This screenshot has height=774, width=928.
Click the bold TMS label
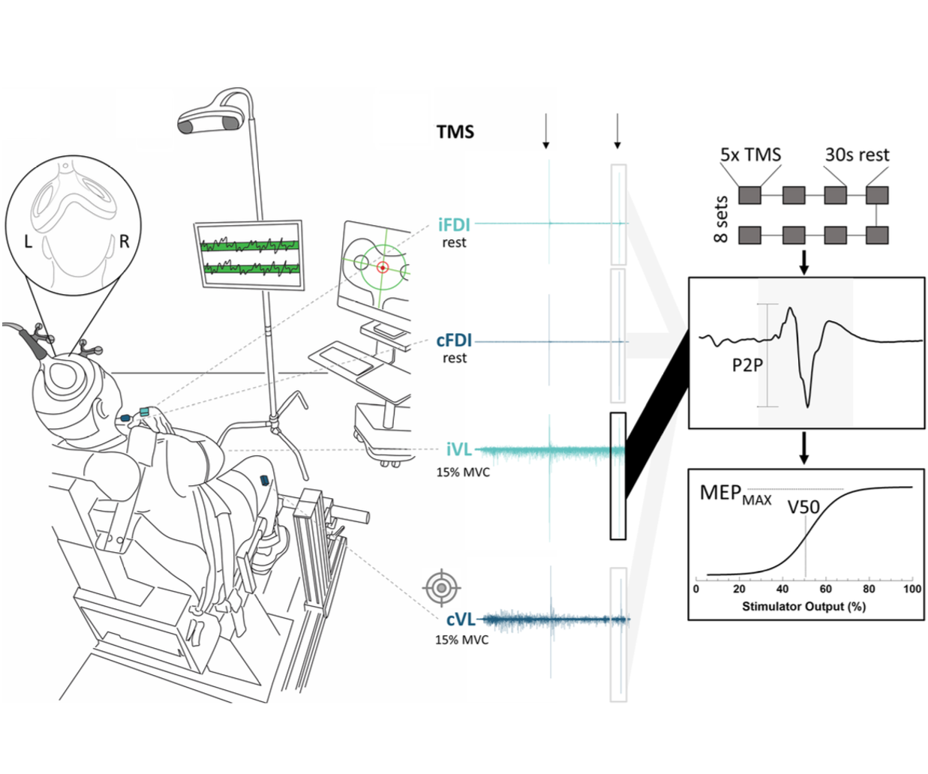(x=455, y=132)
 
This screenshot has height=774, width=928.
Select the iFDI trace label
(x=454, y=224)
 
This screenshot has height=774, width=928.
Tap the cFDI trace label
(x=454, y=340)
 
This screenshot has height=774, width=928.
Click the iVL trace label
(x=459, y=449)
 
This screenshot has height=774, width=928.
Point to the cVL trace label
(x=461, y=619)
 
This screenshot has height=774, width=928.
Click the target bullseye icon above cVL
(x=442, y=587)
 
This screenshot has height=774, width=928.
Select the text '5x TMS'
(x=750, y=154)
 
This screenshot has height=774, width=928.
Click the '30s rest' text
(x=857, y=154)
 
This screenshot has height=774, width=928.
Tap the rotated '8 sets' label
(x=721, y=219)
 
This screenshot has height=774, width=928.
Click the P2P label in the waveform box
(x=747, y=365)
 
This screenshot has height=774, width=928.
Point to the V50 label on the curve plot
(x=803, y=507)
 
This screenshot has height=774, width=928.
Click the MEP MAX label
(x=734, y=494)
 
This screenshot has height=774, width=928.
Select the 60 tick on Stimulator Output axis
(x=826, y=589)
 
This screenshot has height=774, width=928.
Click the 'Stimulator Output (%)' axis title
(x=803, y=606)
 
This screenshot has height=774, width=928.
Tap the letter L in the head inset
(x=29, y=241)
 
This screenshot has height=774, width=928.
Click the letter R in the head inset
(x=125, y=241)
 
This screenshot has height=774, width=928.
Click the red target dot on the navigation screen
(x=382, y=267)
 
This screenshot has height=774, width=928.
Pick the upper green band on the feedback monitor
(x=249, y=244)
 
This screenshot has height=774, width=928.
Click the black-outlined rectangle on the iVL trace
(x=617, y=475)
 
